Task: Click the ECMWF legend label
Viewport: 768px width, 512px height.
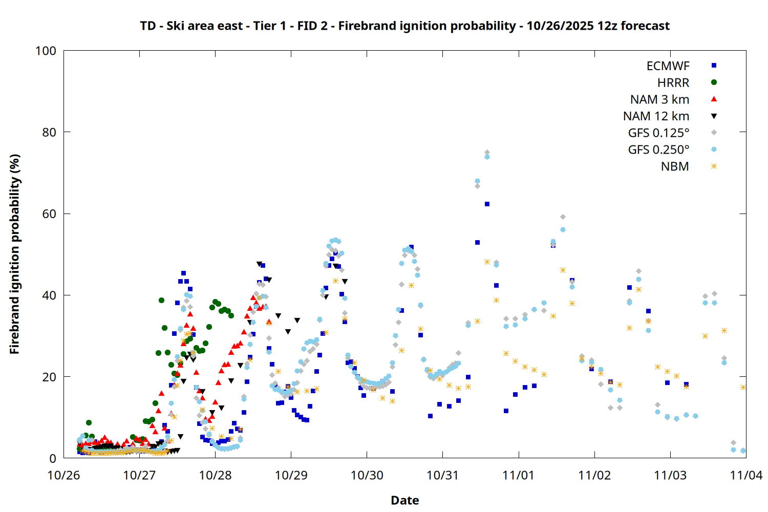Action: (668, 66)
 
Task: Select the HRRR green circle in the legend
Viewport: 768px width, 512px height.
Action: (714, 82)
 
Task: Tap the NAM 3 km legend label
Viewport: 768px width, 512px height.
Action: (659, 99)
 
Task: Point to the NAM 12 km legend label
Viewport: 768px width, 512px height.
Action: (656, 116)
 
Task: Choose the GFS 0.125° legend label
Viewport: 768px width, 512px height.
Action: (658, 133)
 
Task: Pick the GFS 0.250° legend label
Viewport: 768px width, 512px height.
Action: (658, 150)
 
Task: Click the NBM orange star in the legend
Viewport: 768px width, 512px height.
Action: (714, 166)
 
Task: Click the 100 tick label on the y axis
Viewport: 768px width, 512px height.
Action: (46, 51)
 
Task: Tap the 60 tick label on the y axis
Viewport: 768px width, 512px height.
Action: (49, 214)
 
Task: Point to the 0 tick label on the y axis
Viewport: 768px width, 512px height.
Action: (53, 459)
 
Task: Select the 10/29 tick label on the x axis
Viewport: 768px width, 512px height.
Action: (291, 476)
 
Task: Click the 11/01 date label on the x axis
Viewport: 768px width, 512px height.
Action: (519, 476)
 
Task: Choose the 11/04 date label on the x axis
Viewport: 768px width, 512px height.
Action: (745, 476)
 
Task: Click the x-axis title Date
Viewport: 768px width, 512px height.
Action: (404, 500)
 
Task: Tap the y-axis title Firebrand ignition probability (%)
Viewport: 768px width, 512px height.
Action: (15, 254)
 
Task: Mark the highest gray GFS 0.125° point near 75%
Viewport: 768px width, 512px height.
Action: (487, 153)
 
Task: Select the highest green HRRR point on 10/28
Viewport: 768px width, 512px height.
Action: (215, 302)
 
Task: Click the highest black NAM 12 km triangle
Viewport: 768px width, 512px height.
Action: (259, 264)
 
